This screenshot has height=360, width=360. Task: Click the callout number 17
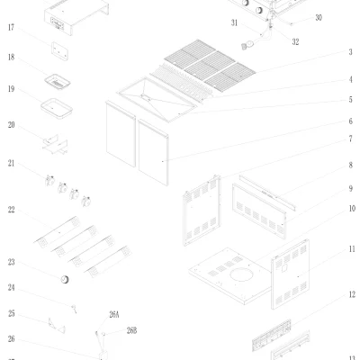11,28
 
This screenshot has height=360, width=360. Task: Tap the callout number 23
11,263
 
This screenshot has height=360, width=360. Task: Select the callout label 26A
114,315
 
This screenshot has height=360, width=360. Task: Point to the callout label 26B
131,330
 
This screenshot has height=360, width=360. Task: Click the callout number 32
295,41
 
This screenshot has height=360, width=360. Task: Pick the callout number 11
352,249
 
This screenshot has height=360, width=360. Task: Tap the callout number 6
350,121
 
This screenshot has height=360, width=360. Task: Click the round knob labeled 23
65,279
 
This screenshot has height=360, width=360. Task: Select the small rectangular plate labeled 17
59,51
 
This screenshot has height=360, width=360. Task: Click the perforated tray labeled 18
58,82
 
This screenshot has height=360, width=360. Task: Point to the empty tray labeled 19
57,109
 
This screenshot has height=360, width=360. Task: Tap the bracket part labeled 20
55,145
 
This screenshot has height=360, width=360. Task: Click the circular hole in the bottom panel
241,275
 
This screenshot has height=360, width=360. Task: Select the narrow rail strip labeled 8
267,193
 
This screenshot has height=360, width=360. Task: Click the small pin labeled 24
74,309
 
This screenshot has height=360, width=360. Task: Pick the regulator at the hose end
247,46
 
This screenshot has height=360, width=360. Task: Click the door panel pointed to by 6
153,152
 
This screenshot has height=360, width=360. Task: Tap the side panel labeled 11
290,274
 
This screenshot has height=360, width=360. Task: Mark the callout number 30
319,18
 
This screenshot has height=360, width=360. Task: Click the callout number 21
11,164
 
